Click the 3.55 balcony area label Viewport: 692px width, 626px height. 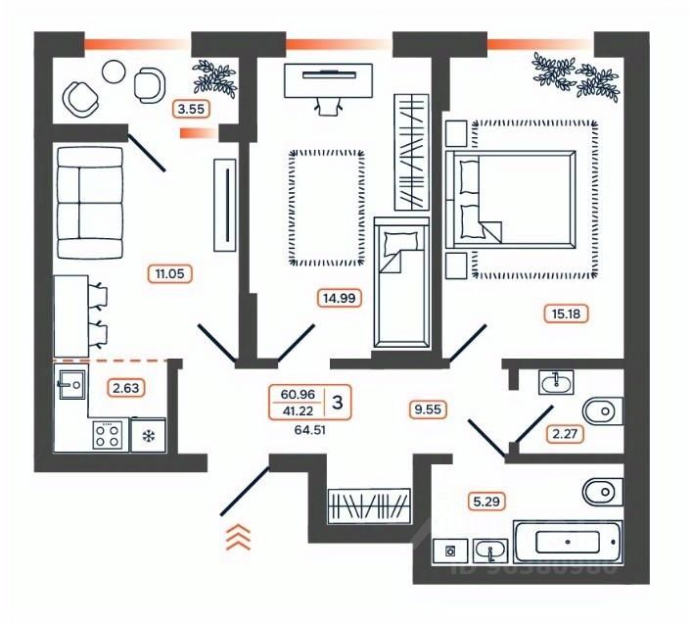[x=191, y=109]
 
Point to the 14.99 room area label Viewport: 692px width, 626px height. [x=334, y=299]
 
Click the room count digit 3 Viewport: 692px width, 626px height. [x=338, y=401]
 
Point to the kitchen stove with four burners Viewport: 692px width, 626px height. [x=107, y=434]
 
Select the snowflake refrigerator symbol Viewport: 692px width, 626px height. [x=149, y=435]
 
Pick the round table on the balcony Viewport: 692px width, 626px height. [x=114, y=71]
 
